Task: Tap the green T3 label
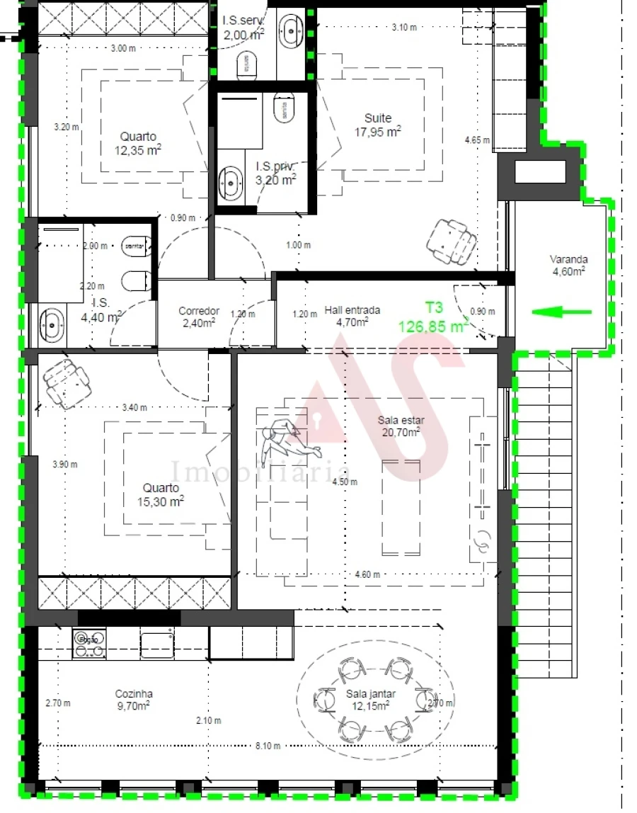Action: coord(434,307)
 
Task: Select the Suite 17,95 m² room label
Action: coord(378,125)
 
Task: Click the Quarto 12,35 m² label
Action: coord(138,143)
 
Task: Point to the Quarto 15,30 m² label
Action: coord(161,494)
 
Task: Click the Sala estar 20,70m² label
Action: coord(401,426)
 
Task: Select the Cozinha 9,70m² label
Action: coord(134,700)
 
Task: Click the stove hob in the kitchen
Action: coord(89,644)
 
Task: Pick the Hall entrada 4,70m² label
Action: coord(352,316)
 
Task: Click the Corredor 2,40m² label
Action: coord(198,317)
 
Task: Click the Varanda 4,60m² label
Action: coord(568,264)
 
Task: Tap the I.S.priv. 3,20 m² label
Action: coord(275,174)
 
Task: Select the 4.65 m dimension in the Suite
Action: coord(477,140)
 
